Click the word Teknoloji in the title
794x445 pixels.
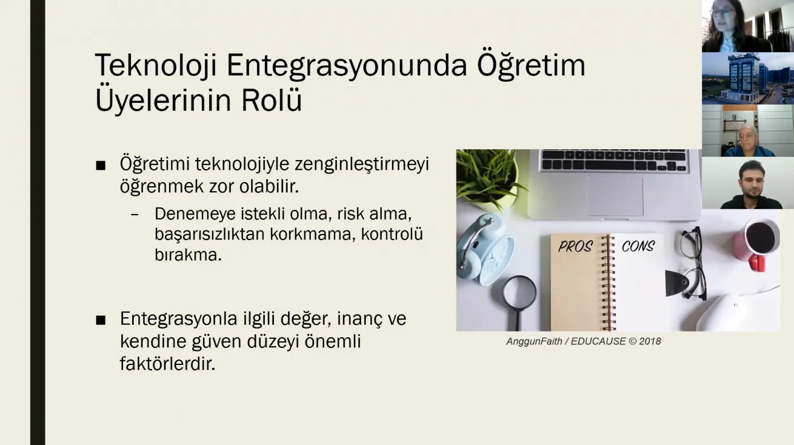[155, 65]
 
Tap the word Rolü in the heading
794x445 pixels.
[272, 100]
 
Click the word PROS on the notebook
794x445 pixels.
[575, 246]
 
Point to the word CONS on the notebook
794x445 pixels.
[638, 246]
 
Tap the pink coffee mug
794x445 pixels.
[757, 244]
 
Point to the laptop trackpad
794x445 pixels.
[615, 196]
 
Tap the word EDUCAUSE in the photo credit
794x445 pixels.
[598, 341]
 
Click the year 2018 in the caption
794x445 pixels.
[650, 341]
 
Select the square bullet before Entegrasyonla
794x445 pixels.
[101, 320]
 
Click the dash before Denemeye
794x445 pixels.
[135, 215]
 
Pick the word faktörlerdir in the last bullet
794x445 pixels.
[168, 363]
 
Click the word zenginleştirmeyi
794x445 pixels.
[362, 165]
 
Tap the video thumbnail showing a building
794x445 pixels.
[748, 78]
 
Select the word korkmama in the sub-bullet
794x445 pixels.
[312, 234]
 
